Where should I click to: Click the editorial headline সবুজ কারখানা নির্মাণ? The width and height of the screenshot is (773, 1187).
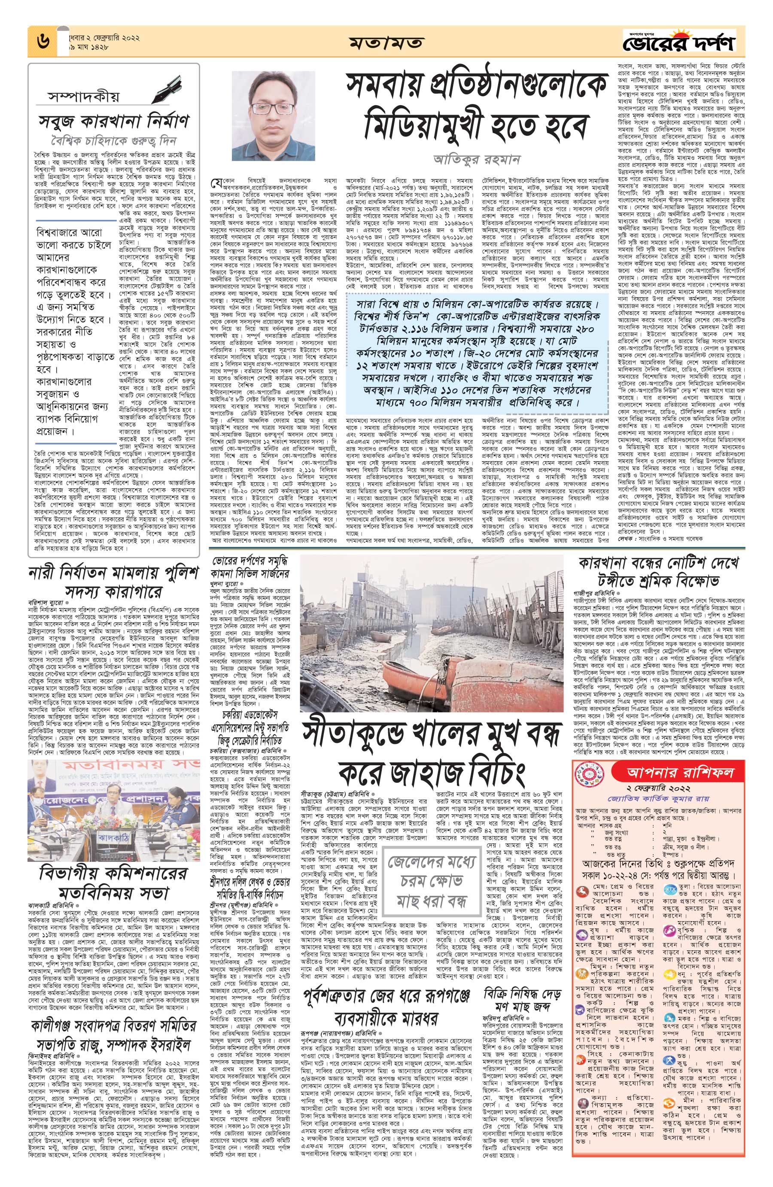click(114, 122)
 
